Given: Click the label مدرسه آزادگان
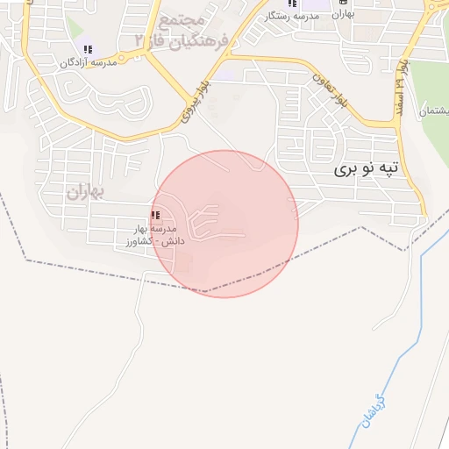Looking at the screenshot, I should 88,64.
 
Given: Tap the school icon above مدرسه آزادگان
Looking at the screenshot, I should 87,49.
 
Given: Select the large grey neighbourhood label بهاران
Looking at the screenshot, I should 85,190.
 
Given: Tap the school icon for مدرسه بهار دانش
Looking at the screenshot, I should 155,216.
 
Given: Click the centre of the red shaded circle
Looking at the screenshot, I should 224,224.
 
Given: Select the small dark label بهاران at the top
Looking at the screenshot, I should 343,15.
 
